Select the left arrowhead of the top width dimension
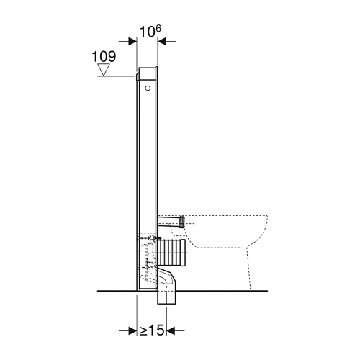point(132,41)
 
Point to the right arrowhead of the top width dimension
point(162,41)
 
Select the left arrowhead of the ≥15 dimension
point(132,330)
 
